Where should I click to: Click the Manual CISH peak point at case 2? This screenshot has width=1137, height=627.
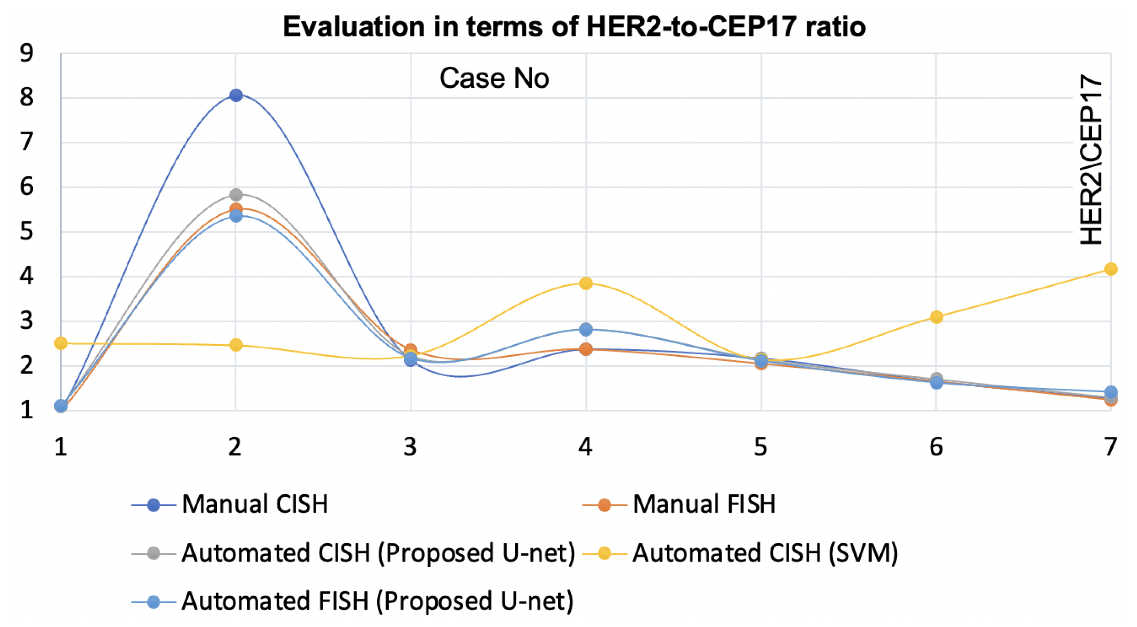(236, 95)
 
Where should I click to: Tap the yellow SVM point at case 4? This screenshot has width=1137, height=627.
(586, 283)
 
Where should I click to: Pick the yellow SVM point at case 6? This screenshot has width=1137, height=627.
(936, 317)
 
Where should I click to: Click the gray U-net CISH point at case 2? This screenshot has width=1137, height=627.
(236, 194)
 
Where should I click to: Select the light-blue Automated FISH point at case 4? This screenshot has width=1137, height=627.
(586, 329)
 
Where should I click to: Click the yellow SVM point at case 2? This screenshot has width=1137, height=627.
(236, 344)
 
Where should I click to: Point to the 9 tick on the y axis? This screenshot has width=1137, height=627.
(26, 53)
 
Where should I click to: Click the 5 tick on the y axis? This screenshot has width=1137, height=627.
(26, 232)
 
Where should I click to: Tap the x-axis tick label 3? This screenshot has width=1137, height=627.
(410, 447)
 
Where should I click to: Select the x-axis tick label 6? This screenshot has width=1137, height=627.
(936, 447)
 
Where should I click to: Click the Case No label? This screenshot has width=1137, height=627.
(494, 78)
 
